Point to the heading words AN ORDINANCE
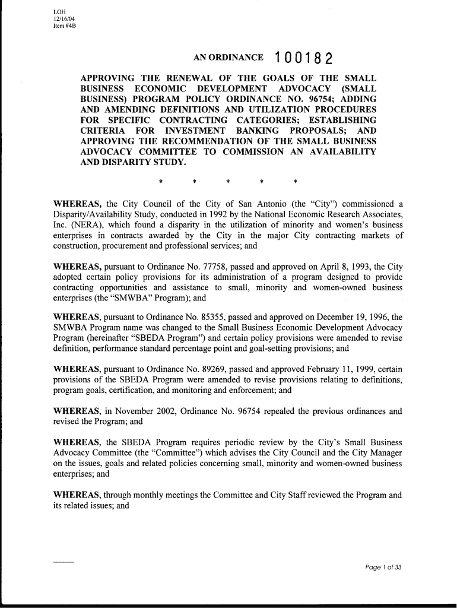point(228,58)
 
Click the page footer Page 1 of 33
point(383,567)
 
